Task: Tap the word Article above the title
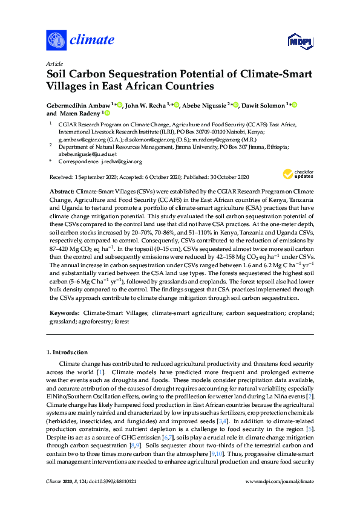click(x=54, y=63)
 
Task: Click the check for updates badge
click(x=298, y=174)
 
